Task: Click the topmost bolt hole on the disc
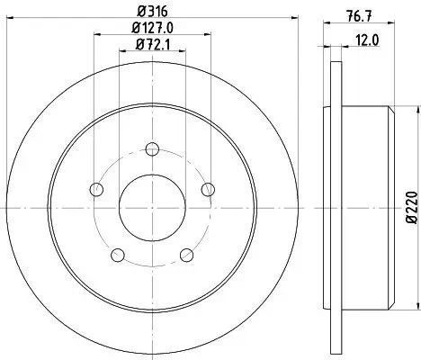point(152,149)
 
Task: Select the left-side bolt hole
point(97,189)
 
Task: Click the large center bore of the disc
point(152,207)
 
